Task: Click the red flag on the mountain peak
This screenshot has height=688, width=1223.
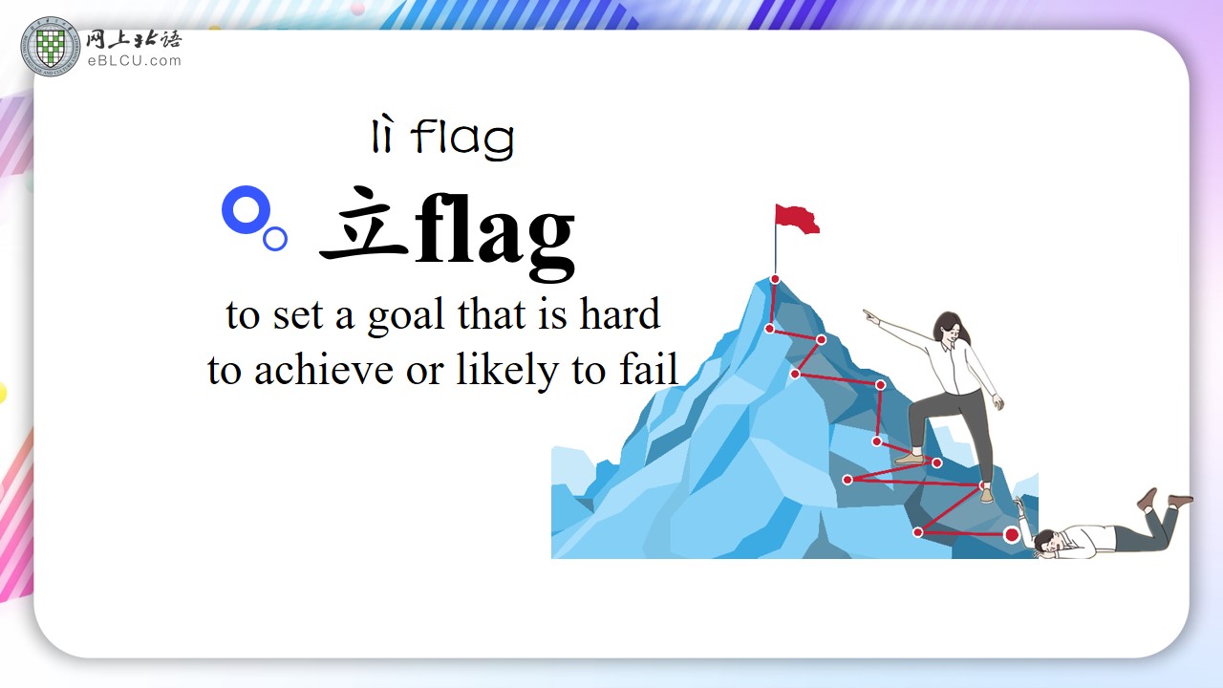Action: [x=797, y=219]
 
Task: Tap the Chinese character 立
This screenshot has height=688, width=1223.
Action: [x=364, y=224]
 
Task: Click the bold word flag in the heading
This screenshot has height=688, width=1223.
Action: [x=495, y=235]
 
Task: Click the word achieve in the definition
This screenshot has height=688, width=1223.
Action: [x=324, y=370]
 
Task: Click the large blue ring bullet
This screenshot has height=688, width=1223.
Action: [x=247, y=209]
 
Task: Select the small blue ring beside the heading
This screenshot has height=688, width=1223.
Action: [x=275, y=239]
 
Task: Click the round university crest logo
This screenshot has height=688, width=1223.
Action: [x=51, y=47]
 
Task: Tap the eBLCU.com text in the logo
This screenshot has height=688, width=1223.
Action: [x=135, y=60]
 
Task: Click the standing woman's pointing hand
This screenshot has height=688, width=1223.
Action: [x=870, y=316]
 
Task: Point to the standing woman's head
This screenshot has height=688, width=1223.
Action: [x=949, y=327]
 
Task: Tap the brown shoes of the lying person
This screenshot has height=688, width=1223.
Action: [x=1165, y=499]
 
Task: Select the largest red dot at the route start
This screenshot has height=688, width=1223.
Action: [x=1012, y=534]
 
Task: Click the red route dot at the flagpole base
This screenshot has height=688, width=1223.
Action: [x=775, y=280]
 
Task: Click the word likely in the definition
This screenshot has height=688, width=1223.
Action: [x=506, y=370]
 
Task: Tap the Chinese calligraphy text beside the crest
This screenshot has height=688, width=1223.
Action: [x=134, y=40]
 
